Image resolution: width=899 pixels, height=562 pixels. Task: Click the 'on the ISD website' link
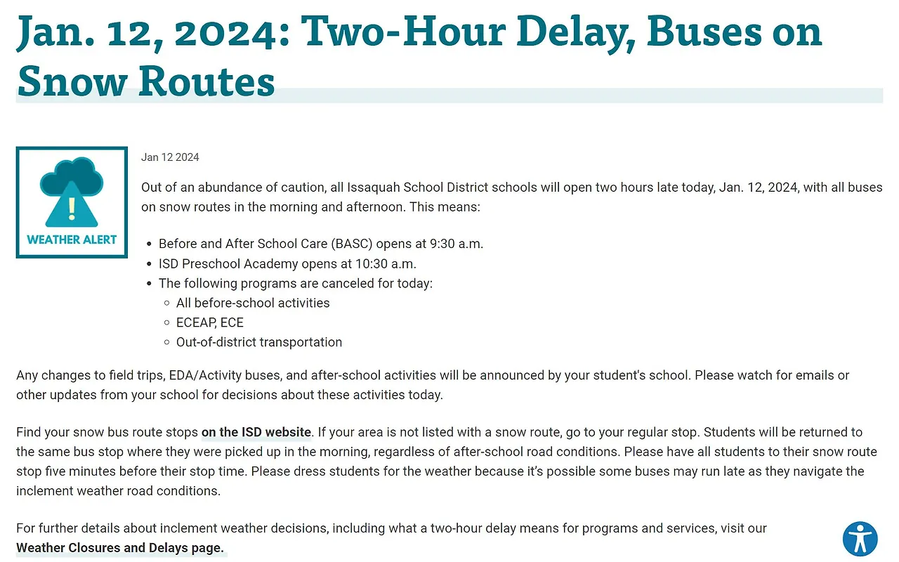[x=256, y=432]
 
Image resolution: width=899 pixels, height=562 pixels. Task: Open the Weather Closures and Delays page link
[x=120, y=547]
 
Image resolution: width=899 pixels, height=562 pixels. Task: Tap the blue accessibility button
[x=860, y=539]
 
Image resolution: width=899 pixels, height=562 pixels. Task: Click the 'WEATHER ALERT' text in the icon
[x=72, y=240]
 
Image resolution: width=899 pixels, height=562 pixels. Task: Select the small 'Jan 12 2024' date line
[x=170, y=157]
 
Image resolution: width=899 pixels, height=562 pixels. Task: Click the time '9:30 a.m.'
[x=456, y=244]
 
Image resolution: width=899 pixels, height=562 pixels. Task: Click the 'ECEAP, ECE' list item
[x=210, y=322]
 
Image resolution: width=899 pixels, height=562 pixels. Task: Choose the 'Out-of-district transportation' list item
[x=259, y=342]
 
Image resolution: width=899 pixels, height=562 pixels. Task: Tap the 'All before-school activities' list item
[x=253, y=303]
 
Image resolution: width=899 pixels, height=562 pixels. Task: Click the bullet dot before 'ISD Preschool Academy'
[x=149, y=264]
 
